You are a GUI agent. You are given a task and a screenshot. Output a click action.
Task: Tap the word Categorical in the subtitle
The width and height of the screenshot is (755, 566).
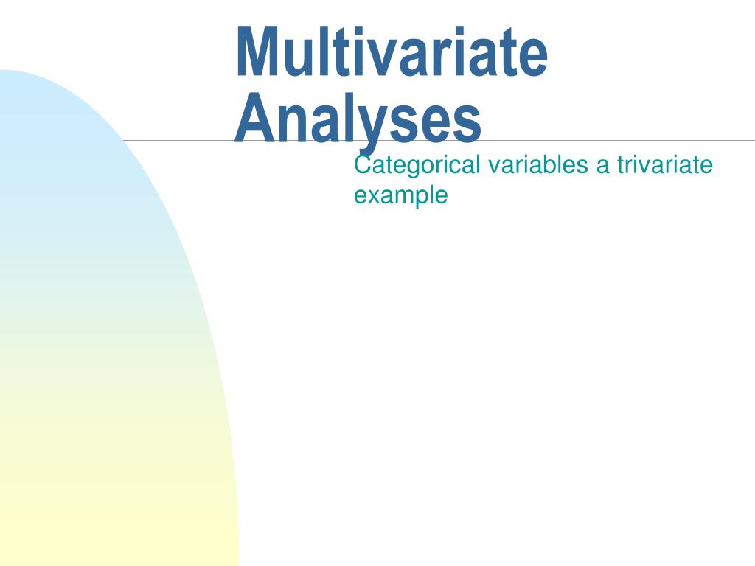[x=417, y=166]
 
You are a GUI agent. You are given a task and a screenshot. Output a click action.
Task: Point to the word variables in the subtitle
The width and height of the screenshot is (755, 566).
[x=537, y=164]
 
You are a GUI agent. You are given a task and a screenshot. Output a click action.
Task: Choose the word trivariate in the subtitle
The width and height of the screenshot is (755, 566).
[x=664, y=164]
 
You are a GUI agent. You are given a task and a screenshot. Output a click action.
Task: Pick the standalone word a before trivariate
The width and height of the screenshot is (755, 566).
[x=602, y=167]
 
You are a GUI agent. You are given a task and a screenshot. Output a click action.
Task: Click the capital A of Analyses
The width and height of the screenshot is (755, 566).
[x=257, y=117]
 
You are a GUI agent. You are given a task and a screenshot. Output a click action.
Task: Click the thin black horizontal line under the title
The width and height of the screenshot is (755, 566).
[x=439, y=141]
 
